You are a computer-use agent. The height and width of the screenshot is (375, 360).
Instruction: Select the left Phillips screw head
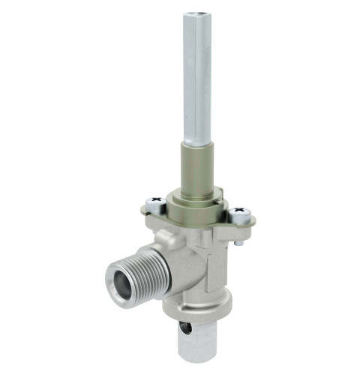click(x=155, y=202)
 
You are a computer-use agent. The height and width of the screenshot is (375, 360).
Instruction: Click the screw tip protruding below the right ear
click(x=238, y=241)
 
